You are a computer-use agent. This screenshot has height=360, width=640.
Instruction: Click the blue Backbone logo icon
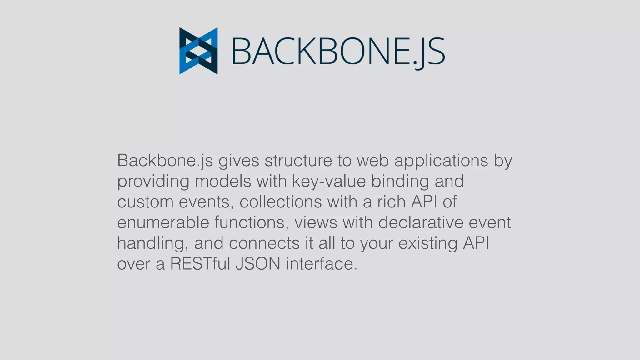click(198, 51)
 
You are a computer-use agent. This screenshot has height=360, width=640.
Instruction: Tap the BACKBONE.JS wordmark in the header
click(338, 51)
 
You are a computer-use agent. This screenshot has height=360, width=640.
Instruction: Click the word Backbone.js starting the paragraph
click(165, 161)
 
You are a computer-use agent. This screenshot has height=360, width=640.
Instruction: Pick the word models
click(223, 181)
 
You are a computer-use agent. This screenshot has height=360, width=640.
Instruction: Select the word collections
click(280, 202)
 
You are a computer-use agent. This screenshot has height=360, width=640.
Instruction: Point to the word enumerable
click(163, 222)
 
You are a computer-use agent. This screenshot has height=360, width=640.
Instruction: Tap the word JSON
click(258, 264)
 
